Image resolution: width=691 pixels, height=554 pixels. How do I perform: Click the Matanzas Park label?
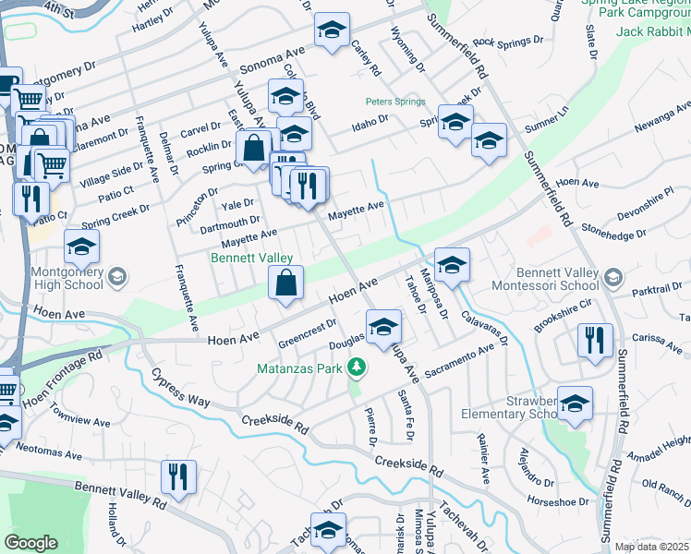300,369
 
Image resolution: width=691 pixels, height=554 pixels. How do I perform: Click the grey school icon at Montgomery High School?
116,275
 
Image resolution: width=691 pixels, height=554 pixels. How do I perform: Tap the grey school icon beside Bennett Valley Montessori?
612,277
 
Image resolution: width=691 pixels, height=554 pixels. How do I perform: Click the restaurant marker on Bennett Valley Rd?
175,476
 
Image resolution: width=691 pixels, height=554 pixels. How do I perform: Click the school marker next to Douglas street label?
383,325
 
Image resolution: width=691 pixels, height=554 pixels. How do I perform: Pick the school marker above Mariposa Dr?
452,264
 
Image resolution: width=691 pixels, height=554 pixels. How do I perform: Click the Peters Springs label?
394,102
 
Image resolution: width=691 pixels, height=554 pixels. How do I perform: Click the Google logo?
30,542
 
